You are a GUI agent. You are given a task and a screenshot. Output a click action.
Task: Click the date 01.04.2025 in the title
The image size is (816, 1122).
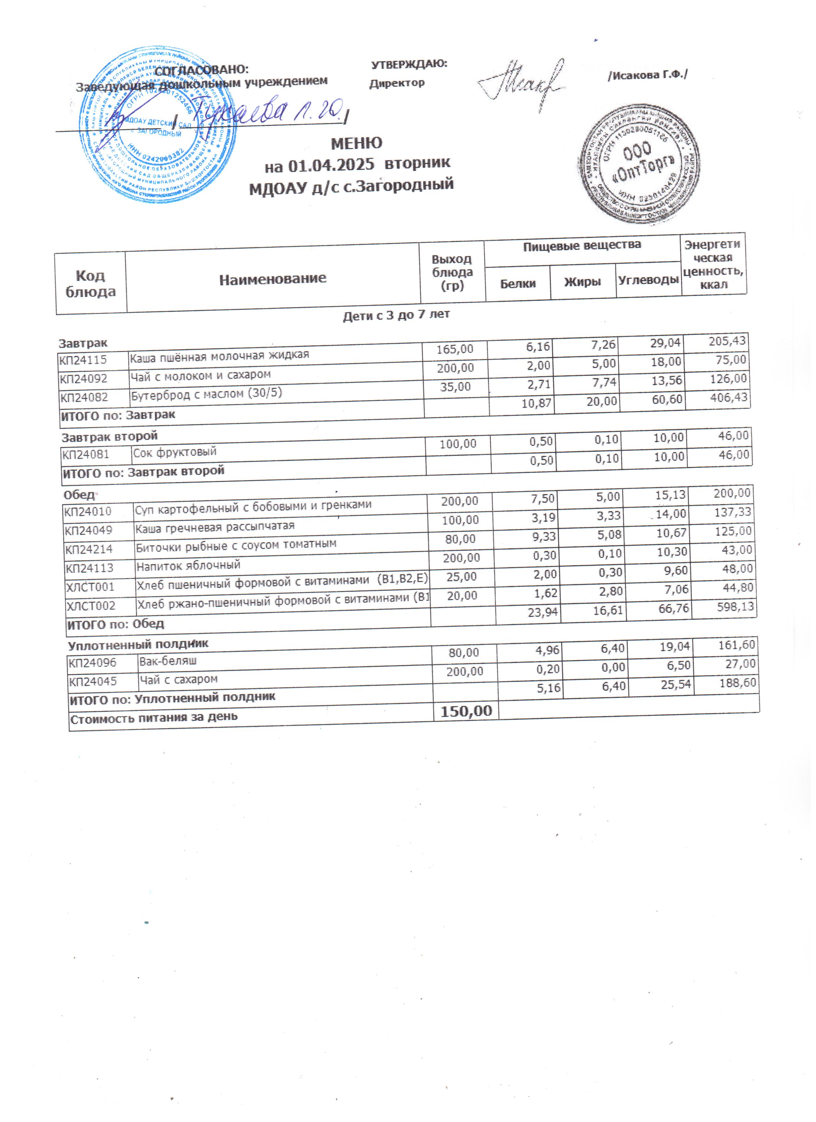click(331, 165)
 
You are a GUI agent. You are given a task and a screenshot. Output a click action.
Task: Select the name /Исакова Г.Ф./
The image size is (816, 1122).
click(648, 75)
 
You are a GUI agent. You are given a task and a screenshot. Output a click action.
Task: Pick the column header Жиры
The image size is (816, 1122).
click(583, 282)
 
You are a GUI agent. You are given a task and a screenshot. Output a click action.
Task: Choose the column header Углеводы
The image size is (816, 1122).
click(648, 280)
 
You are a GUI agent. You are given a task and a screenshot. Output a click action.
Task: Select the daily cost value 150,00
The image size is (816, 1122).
click(466, 711)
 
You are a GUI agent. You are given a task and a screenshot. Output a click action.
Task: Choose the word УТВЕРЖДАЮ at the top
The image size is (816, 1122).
click(409, 64)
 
